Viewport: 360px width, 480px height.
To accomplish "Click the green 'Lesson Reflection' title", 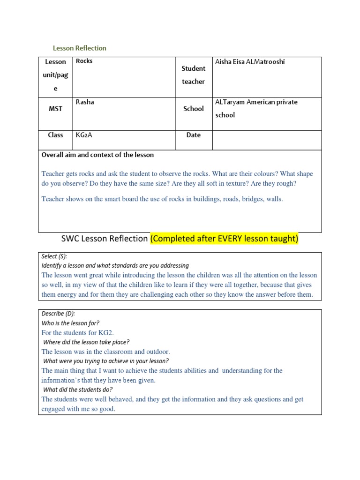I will (x=79, y=48).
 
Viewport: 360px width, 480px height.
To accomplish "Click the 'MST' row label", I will (x=55, y=109).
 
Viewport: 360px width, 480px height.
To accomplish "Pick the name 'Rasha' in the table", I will (x=85, y=102).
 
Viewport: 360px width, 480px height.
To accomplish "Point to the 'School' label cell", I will (x=194, y=109).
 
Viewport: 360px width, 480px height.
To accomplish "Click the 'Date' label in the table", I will (x=194, y=135).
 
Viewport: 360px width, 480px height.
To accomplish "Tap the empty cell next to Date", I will (x=267, y=140).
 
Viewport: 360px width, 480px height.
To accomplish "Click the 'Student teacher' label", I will (x=194, y=75).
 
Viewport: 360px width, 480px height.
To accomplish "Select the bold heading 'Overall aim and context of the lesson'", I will (x=97, y=155).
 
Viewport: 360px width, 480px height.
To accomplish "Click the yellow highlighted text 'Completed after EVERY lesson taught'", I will (x=224, y=239).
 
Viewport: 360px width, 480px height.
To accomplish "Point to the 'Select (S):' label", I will (x=54, y=256).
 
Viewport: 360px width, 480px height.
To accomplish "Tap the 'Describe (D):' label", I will (x=58, y=314).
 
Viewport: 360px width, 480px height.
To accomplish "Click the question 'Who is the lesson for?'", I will (x=70, y=323).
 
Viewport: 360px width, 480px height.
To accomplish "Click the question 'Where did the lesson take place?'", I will (x=86, y=342).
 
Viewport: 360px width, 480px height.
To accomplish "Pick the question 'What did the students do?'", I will (x=78, y=390).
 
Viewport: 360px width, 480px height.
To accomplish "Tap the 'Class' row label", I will (x=55, y=135).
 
